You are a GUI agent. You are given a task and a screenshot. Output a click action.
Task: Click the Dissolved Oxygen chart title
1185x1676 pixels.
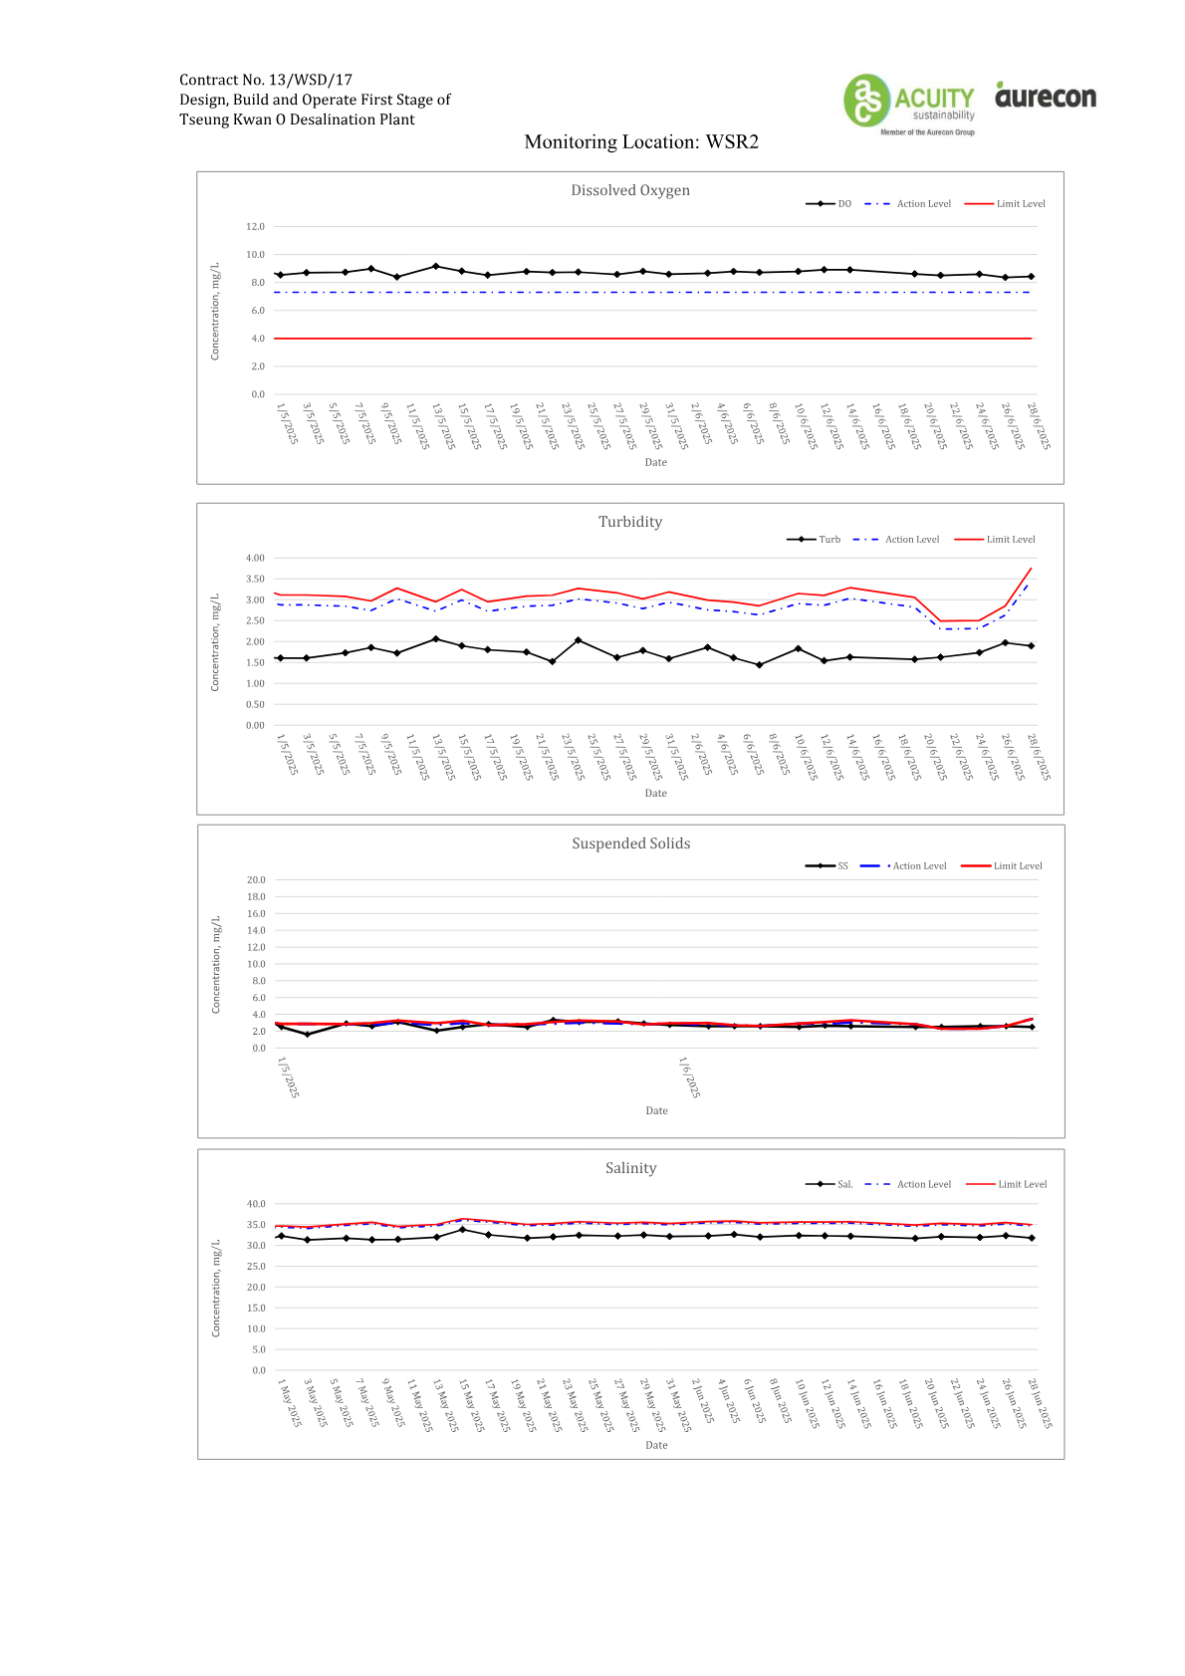point(630,190)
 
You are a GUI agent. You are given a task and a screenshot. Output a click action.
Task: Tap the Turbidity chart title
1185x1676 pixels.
point(630,522)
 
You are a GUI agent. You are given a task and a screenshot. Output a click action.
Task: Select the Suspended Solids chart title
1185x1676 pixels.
point(630,843)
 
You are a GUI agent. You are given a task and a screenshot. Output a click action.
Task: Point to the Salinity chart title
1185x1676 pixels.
point(630,1168)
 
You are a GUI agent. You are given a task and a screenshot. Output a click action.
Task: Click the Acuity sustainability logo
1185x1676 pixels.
point(909,104)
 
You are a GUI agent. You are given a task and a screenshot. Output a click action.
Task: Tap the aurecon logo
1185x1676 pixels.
point(1046,95)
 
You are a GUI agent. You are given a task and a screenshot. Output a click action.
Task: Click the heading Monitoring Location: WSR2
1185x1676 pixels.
point(641,142)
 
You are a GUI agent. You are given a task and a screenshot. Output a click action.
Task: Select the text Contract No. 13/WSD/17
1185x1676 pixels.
point(266,80)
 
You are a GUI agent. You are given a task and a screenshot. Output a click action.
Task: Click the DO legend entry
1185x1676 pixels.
point(829,203)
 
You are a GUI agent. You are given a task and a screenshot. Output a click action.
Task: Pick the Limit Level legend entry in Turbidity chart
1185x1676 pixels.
point(995,540)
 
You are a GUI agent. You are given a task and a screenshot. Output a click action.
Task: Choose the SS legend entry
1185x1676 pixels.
point(826,865)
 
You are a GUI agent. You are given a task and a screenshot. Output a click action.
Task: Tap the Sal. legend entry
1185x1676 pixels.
point(829,1184)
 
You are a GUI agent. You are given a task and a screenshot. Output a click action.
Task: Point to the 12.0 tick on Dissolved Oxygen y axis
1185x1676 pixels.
point(255,227)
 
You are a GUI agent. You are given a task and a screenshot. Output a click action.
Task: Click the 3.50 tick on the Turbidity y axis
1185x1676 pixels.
point(255,580)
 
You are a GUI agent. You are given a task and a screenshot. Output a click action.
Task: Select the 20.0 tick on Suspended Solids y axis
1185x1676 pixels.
point(256,880)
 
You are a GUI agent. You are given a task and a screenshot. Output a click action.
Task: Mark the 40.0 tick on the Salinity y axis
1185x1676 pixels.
point(256,1204)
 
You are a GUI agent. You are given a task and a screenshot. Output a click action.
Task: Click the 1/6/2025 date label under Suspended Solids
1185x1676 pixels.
point(689,1077)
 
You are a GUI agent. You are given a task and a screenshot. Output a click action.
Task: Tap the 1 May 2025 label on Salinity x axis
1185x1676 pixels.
point(289,1403)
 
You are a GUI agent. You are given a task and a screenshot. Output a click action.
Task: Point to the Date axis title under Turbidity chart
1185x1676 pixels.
point(655,793)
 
